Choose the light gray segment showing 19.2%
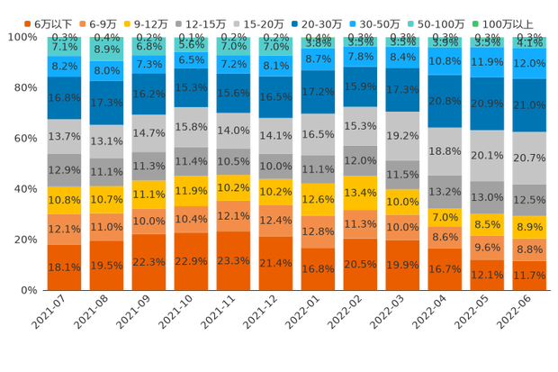(402, 135)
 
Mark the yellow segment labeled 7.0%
(445, 217)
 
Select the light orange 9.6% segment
(488, 247)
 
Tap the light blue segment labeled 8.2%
(64, 66)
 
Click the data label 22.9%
(191, 261)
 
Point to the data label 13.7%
(64, 136)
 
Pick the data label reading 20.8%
(445, 101)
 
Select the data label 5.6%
(191, 44)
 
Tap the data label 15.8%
(191, 127)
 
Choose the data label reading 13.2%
(445, 192)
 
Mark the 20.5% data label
(360, 263)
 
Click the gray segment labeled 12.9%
(64, 169)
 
